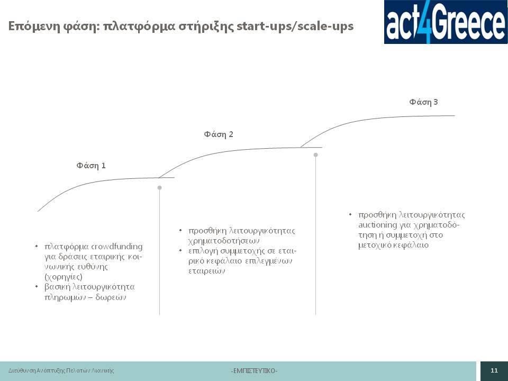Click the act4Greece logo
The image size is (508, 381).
click(446, 22)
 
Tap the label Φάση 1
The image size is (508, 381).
click(91, 166)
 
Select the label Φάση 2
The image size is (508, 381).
click(219, 134)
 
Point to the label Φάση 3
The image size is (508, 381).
click(423, 102)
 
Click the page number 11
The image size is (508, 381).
click(494, 370)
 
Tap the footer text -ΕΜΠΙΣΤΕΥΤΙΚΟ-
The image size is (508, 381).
click(254, 370)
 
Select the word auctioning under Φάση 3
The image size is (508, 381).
click(377, 225)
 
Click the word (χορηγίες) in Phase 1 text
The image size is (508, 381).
click(63, 277)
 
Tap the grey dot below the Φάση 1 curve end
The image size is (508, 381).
click(159, 187)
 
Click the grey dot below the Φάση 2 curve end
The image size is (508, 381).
click(315, 155)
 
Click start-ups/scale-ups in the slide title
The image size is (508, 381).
click(295, 26)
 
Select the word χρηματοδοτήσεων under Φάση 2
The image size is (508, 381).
click(224, 241)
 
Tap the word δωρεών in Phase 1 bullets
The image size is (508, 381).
click(111, 297)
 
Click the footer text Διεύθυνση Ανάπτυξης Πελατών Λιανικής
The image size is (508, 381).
click(61, 370)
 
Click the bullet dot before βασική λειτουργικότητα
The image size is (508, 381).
click(37, 287)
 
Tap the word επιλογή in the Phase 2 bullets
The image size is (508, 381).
click(201, 251)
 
